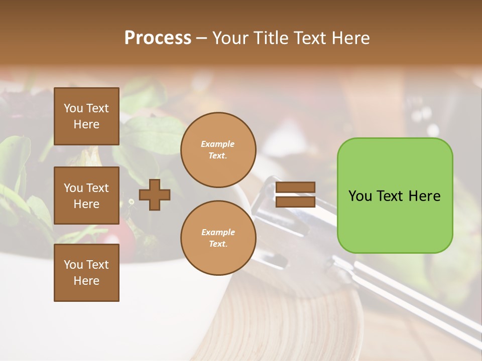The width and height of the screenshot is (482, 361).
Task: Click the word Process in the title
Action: [x=158, y=38]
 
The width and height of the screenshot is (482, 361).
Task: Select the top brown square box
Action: [x=86, y=116]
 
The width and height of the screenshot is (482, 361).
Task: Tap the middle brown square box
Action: [x=86, y=196]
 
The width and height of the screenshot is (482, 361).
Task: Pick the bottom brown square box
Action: [x=86, y=273]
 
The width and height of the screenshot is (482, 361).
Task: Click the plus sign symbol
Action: [x=155, y=195]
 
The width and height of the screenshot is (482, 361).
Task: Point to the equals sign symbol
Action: [x=295, y=195]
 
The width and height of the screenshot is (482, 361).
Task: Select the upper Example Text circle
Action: [x=218, y=150]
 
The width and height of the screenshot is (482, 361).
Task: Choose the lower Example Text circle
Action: [x=218, y=238]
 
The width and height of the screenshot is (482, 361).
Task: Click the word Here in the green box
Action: [x=425, y=196]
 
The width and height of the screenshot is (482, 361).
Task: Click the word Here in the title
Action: [x=350, y=38]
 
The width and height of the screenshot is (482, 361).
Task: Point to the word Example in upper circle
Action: [x=218, y=144]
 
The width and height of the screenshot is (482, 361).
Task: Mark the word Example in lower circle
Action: [x=218, y=233]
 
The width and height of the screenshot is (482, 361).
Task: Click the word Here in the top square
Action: [x=86, y=124]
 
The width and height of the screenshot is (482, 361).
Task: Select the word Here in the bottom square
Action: [x=86, y=281]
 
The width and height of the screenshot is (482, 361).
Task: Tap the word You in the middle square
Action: [x=73, y=188]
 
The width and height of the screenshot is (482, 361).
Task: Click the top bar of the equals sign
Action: [x=295, y=188]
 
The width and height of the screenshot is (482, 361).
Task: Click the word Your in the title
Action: [x=230, y=38]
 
